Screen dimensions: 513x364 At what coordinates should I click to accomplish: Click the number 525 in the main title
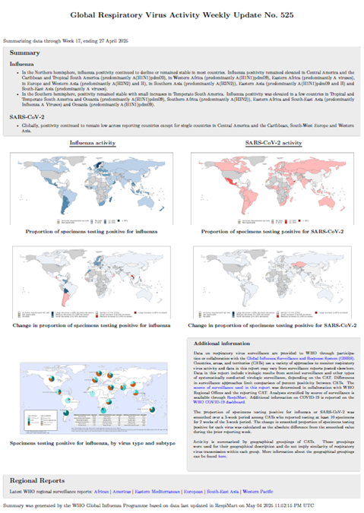281,14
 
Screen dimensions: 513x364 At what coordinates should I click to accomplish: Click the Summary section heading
25,52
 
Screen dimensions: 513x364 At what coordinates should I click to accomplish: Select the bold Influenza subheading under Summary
23,65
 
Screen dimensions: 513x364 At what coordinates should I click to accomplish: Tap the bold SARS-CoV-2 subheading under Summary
27,117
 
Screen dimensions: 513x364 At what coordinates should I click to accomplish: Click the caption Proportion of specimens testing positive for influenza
92,230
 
